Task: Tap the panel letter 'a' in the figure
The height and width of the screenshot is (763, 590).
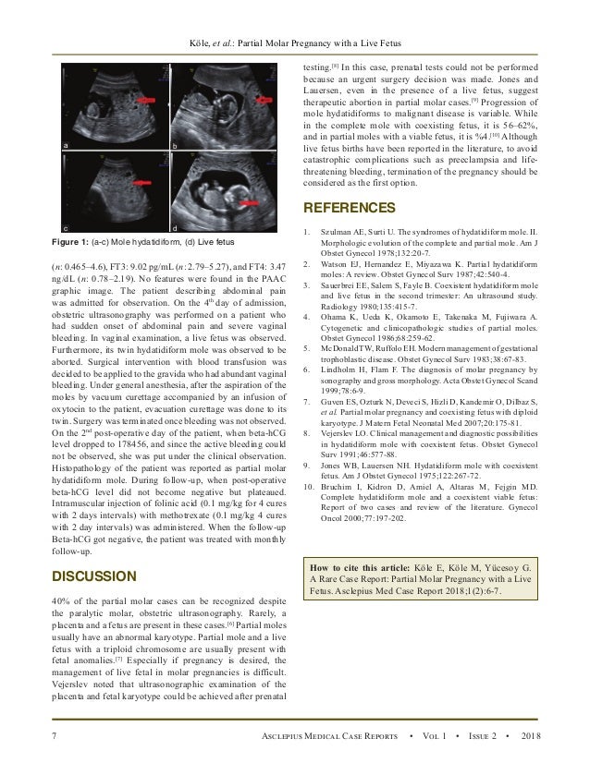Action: click(66, 146)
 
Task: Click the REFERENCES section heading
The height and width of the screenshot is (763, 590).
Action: click(349, 209)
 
